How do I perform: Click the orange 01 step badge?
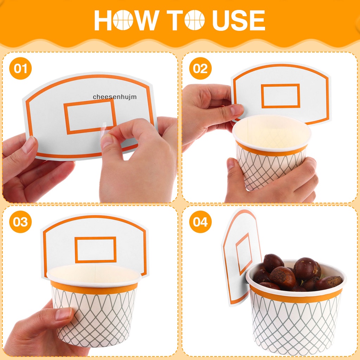(20, 68)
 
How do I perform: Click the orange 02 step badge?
(200, 68)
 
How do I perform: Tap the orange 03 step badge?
(20, 221)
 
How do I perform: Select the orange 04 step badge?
(200, 221)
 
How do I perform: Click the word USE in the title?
(239, 20)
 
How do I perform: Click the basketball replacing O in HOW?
(123, 20)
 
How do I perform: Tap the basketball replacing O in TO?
(194, 20)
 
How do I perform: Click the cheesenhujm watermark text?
(115, 97)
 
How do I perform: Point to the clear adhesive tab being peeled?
(104, 130)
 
